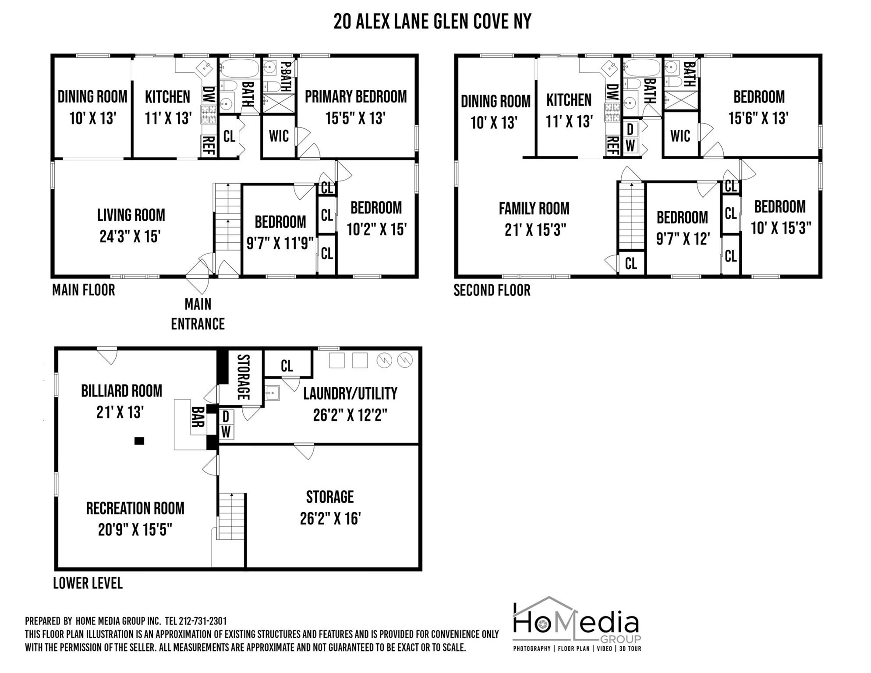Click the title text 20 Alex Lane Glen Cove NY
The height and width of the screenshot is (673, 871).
[x=432, y=21]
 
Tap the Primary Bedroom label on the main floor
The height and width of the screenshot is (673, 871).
[x=355, y=97]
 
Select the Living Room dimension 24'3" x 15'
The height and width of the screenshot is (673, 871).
[x=130, y=237]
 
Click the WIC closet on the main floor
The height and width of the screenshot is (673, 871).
[x=279, y=136]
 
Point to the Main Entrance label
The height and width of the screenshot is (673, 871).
[x=198, y=314]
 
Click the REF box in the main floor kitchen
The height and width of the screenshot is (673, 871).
[x=209, y=145]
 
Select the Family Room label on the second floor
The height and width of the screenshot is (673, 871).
[x=534, y=209]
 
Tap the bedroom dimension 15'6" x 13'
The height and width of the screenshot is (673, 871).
[x=758, y=118]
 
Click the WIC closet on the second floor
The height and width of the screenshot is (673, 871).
[x=680, y=136]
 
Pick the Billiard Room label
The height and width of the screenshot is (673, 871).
[x=121, y=391]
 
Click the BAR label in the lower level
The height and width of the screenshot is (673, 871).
[x=198, y=417]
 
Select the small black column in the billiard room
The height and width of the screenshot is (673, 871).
[x=139, y=441]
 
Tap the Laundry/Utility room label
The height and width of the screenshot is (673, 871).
[x=350, y=393]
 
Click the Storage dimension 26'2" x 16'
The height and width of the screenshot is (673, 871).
[x=330, y=519]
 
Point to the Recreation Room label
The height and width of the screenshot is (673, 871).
[x=135, y=508]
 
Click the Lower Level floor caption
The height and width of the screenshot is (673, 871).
[x=88, y=583]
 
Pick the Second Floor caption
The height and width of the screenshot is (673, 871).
[x=492, y=290]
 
